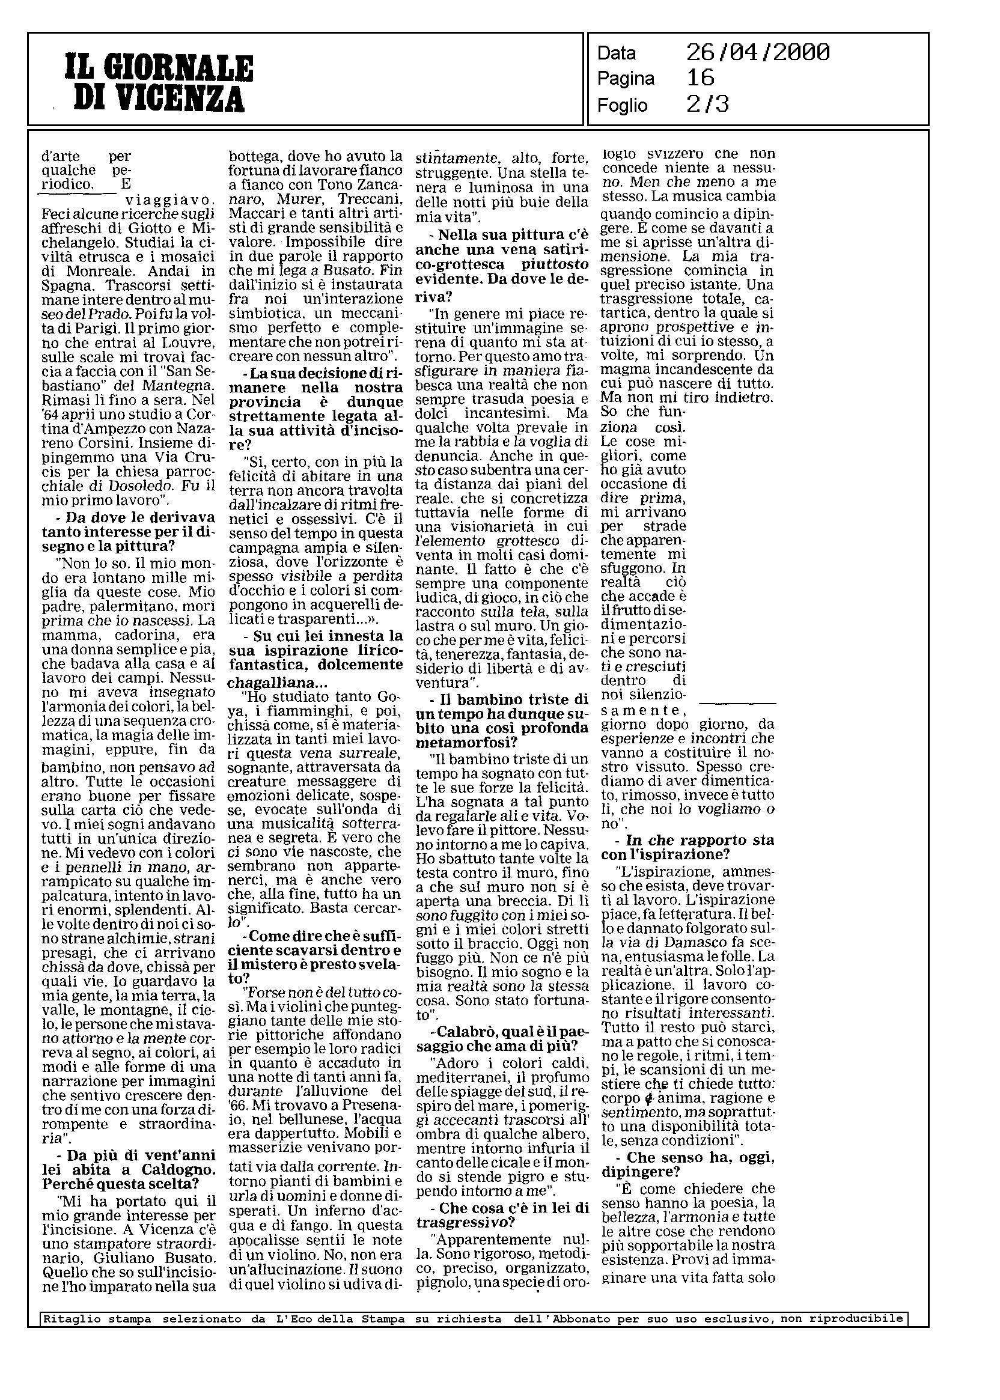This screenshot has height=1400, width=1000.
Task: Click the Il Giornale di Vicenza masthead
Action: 159,83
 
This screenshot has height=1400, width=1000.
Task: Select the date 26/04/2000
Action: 757,53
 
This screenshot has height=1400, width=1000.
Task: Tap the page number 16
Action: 700,78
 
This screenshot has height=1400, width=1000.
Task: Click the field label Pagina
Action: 626,79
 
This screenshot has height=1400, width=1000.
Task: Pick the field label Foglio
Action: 623,106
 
